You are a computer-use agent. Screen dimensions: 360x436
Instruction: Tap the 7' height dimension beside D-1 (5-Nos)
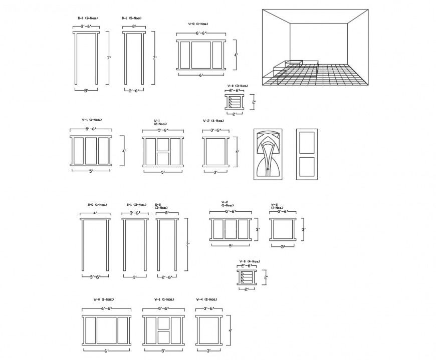(155, 58)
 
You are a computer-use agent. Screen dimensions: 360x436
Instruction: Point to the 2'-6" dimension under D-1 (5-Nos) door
(133, 91)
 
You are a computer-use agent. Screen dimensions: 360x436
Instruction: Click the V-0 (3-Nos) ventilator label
(238, 86)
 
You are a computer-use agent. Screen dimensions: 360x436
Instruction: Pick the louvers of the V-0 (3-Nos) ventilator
(234, 102)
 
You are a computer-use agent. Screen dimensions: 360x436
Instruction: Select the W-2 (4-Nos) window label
(213, 121)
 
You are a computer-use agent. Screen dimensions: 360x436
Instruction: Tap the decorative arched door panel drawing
(267, 154)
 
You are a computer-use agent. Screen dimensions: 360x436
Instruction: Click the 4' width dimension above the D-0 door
(95, 213)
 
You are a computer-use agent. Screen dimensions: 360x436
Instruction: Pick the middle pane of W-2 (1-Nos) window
(231, 229)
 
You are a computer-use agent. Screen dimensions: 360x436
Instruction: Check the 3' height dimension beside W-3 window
(303, 229)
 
